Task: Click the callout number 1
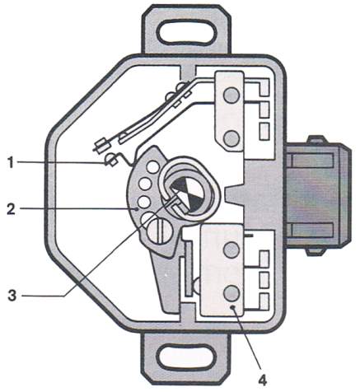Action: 11,162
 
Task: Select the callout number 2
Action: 12,209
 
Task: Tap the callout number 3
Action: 12,296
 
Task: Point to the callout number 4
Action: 262,380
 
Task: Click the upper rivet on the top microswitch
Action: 231,96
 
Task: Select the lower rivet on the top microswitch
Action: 231,138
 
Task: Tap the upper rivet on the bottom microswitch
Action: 231,250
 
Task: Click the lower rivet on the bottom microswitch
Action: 231,293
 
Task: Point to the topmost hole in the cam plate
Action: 153,166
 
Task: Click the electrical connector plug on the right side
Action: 318,194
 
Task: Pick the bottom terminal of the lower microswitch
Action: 264,301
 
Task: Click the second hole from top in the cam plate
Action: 145,184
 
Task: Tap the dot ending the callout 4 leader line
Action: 233,307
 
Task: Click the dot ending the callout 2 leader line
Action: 137,209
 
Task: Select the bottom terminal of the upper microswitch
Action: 264,131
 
